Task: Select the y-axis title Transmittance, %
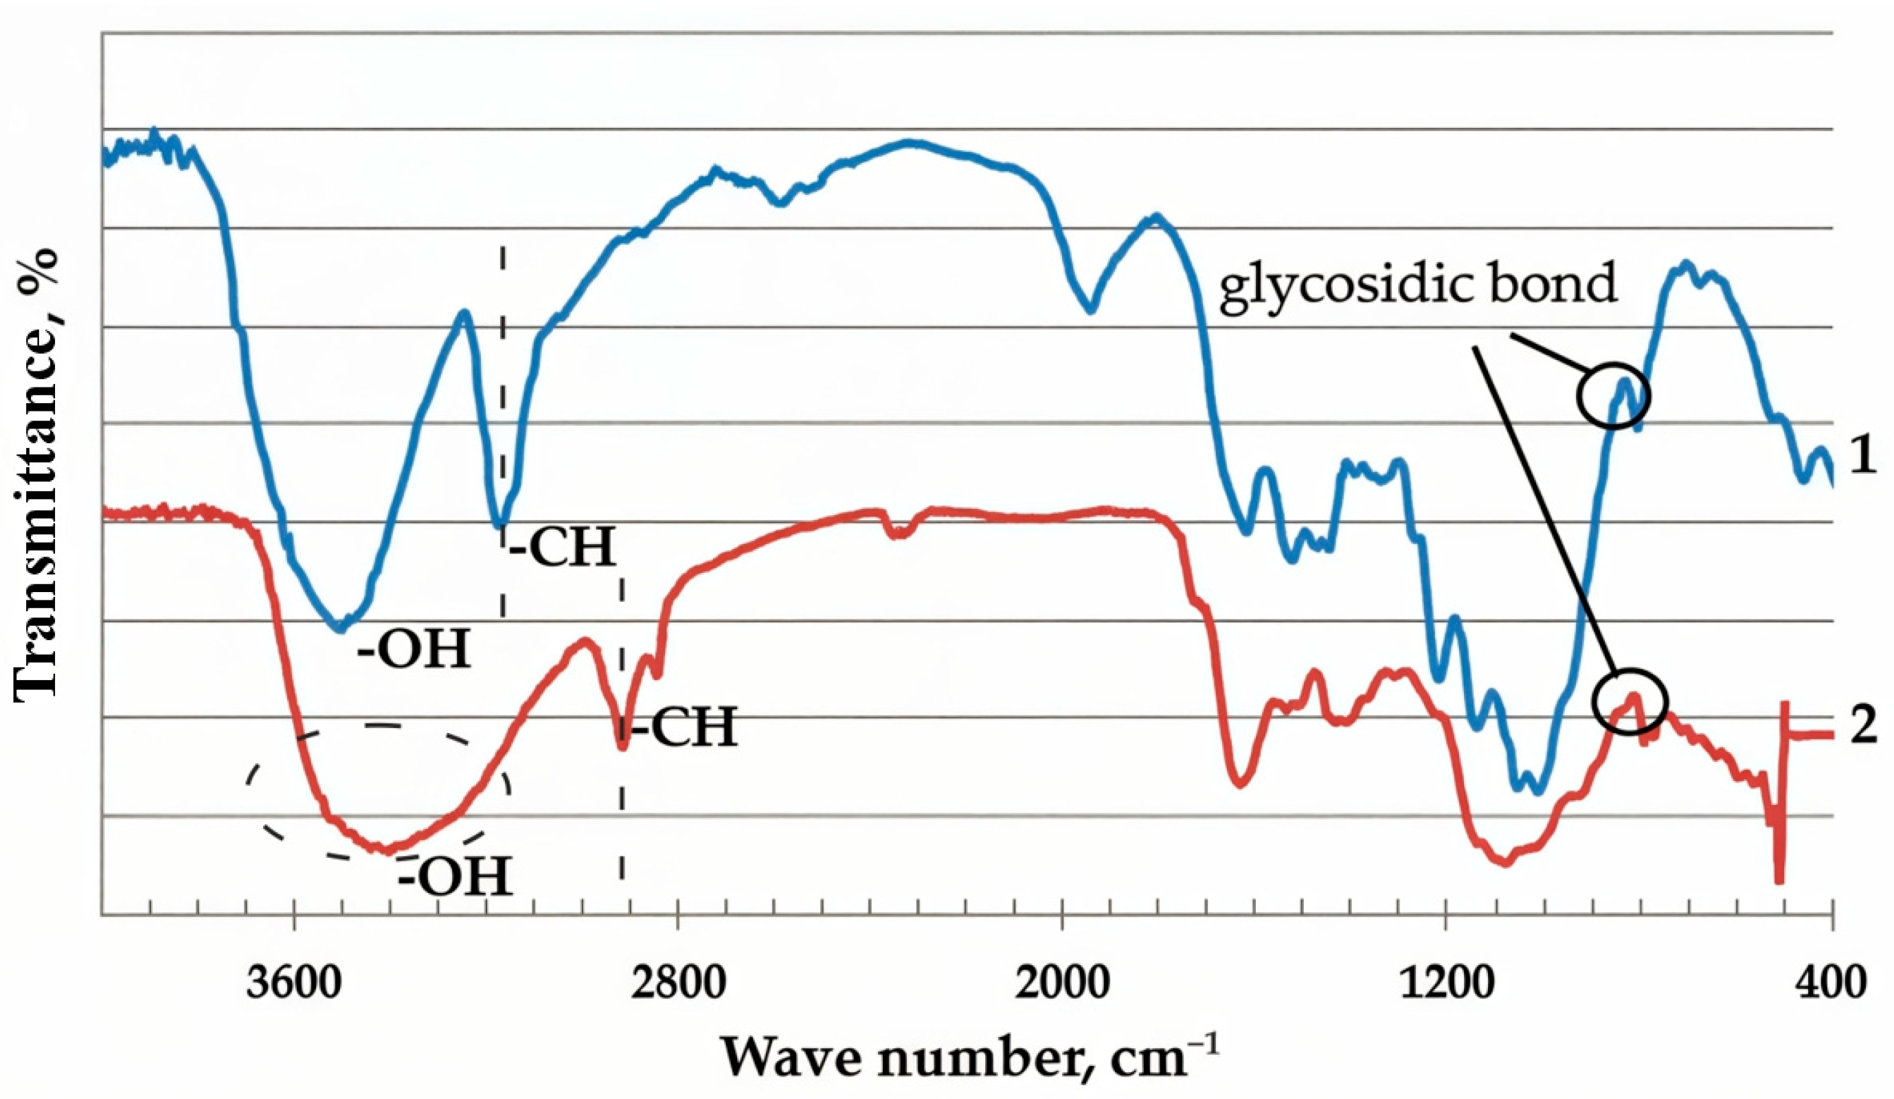click(x=36, y=475)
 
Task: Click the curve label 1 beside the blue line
click(x=1862, y=457)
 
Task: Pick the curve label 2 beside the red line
click(x=1862, y=730)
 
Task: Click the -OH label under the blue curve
click(x=414, y=648)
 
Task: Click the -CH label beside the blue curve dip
click(x=562, y=547)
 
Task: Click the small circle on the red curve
click(x=1630, y=701)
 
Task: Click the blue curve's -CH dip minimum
click(x=498, y=524)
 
